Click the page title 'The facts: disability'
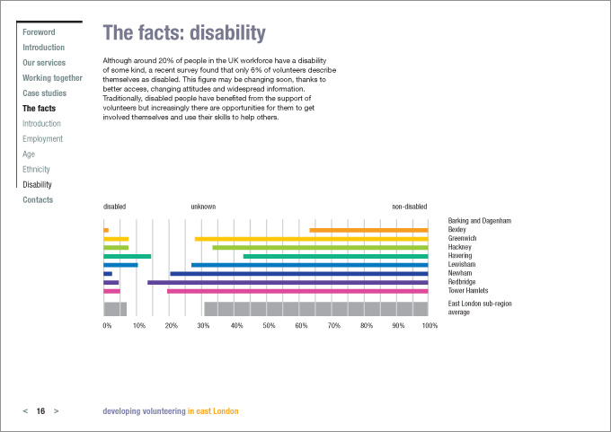184,34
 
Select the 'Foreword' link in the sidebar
39,32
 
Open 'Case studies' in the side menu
44,93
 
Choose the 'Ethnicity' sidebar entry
37,170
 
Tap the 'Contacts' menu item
38,200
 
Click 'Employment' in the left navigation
43,139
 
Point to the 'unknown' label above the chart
203,207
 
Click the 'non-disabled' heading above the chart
410,207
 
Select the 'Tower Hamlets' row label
467,291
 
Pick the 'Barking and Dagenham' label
480,221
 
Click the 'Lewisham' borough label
461,265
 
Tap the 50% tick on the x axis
269,325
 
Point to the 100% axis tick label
429,325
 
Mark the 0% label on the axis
107,325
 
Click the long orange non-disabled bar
368,230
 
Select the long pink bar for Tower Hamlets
297,291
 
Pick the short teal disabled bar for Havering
127,256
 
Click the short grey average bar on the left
115,309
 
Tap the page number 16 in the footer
40,411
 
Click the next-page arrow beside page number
57,411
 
